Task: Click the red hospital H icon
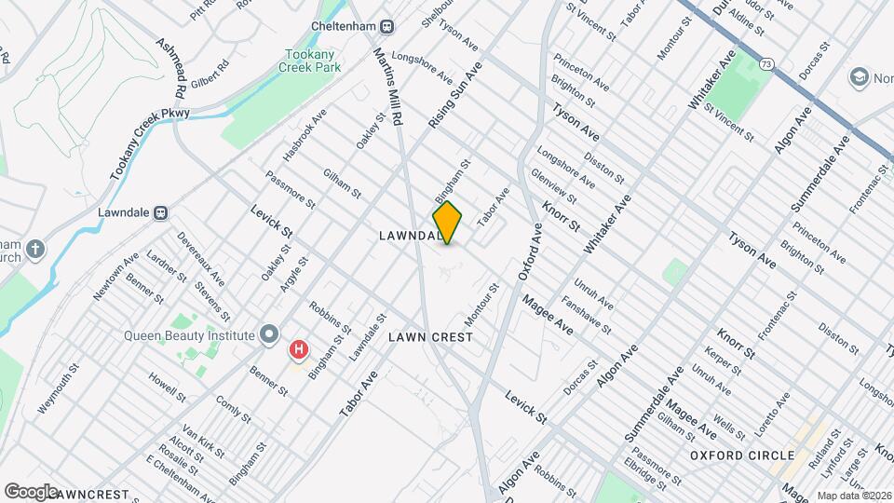pyautogui.click(x=298, y=350)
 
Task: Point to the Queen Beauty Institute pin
pyautogui.click(x=270, y=333)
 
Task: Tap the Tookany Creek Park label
pyautogui.click(x=311, y=61)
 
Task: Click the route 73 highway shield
pyautogui.click(x=765, y=63)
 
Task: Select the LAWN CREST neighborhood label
pyautogui.click(x=431, y=336)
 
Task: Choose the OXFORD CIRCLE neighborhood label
pyautogui.click(x=742, y=455)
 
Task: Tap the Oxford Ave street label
pyautogui.click(x=529, y=252)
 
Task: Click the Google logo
pyautogui.click(x=30, y=491)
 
